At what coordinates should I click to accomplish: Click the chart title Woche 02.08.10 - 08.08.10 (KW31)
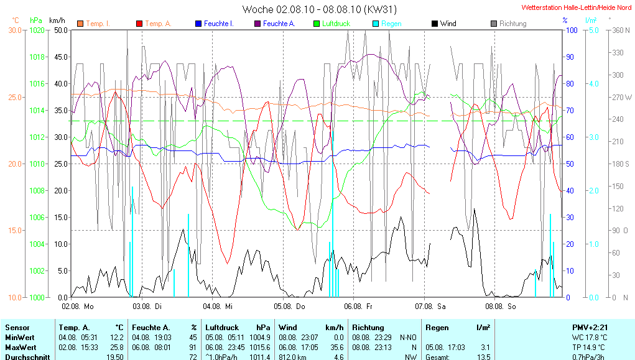click(319, 9)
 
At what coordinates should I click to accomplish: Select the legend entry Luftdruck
click(336, 24)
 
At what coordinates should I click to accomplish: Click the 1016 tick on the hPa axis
click(38, 83)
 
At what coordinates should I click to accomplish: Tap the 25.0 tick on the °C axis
click(14, 97)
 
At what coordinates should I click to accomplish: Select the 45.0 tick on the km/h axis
click(60, 57)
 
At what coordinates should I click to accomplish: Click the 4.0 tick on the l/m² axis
click(593, 83)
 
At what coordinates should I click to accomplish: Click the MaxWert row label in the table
click(20, 347)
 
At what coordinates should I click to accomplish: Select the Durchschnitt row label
click(25, 357)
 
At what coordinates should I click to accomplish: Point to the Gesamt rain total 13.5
click(483, 357)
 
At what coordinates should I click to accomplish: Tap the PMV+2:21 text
click(590, 327)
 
